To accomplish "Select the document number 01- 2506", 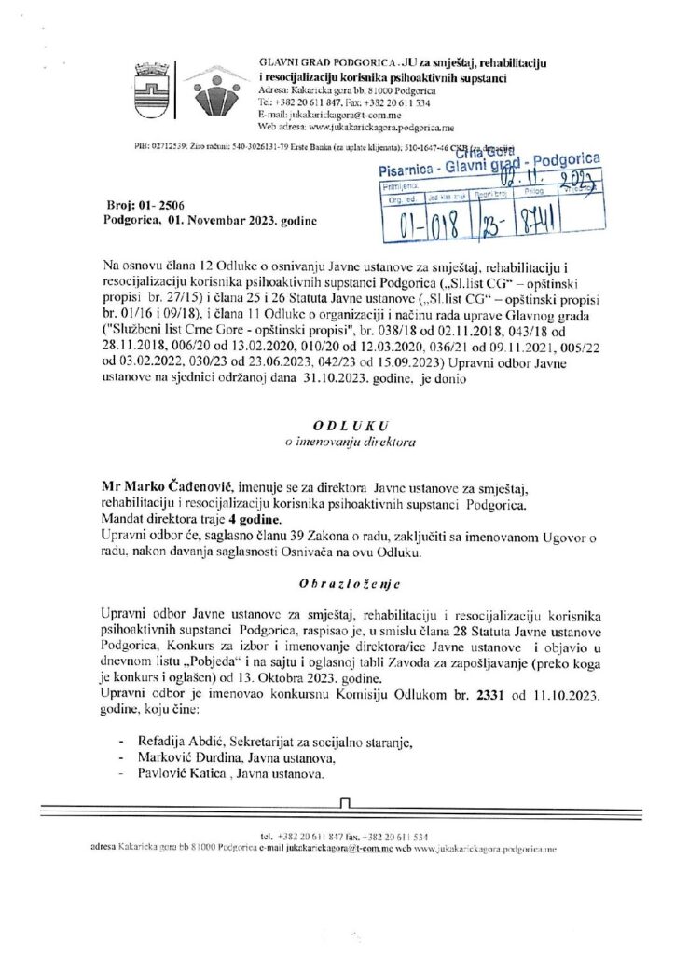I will pos(153,205).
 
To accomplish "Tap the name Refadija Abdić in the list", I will pos(165,741).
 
